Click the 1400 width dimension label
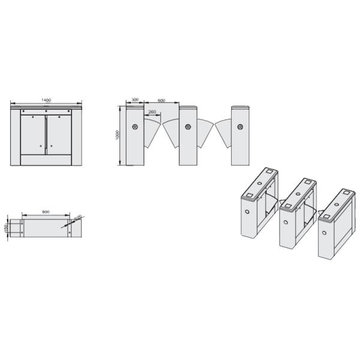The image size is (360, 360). pyautogui.click(x=46, y=100)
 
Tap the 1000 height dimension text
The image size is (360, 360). pyautogui.click(x=118, y=135)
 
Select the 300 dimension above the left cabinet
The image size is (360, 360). pyautogui.click(x=134, y=100)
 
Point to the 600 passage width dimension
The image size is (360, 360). pyautogui.click(x=161, y=100)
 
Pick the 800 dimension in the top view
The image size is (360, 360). pyautogui.click(x=46, y=212)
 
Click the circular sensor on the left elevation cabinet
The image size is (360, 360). pyautogui.click(x=134, y=127)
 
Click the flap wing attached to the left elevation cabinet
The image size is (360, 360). pyautogui.click(x=152, y=133)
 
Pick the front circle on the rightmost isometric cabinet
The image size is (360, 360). pyautogui.click(x=325, y=229)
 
